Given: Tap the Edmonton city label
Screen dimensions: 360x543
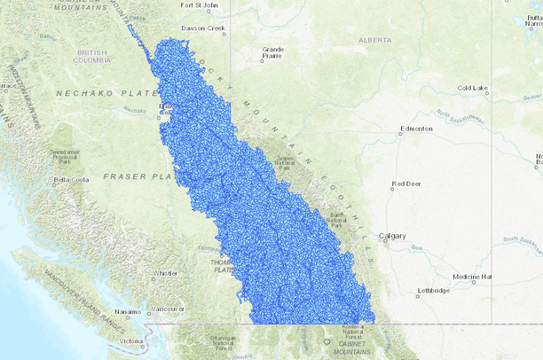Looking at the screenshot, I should coord(416,129).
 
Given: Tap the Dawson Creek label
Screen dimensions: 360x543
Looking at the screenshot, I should coord(200,27).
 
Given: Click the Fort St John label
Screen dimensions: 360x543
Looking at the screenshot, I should coord(199,4).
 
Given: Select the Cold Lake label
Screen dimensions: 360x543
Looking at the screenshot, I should coord(472,88).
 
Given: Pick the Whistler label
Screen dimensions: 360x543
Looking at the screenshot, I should coord(165,273).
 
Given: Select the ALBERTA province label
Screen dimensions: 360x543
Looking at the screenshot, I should coord(374,40).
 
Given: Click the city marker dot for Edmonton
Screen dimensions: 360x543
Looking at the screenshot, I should coord(399,134).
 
